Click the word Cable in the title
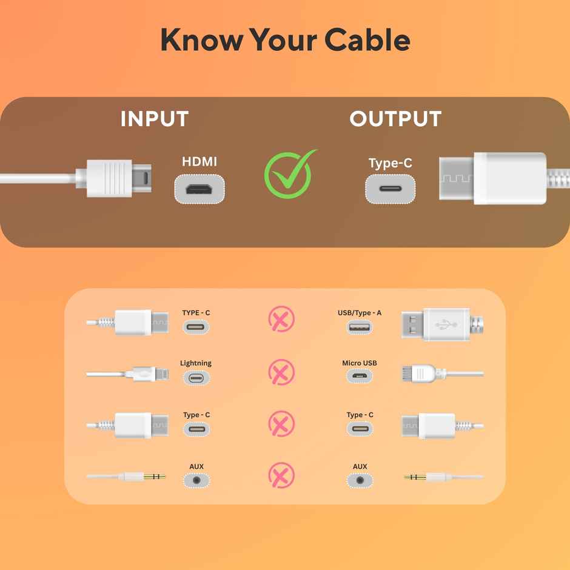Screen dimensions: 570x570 tap(367, 40)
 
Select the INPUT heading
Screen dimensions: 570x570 tap(155, 119)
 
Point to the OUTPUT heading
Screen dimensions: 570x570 tap(395, 119)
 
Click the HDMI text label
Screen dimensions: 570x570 tap(199, 162)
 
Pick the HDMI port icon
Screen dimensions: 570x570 tap(200, 189)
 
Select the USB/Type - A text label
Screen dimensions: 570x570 tap(360, 313)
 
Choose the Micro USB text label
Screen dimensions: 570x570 tap(360, 363)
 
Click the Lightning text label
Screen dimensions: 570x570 tap(196, 363)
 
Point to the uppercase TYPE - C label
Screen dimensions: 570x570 tap(196, 313)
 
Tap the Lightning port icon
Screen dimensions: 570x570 tap(196, 378)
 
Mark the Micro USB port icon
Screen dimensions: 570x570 tap(360, 377)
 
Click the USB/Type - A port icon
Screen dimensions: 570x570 tap(360, 327)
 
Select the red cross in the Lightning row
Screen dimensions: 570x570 tap(281, 372)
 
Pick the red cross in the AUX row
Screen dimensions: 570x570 tap(281, 475)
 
